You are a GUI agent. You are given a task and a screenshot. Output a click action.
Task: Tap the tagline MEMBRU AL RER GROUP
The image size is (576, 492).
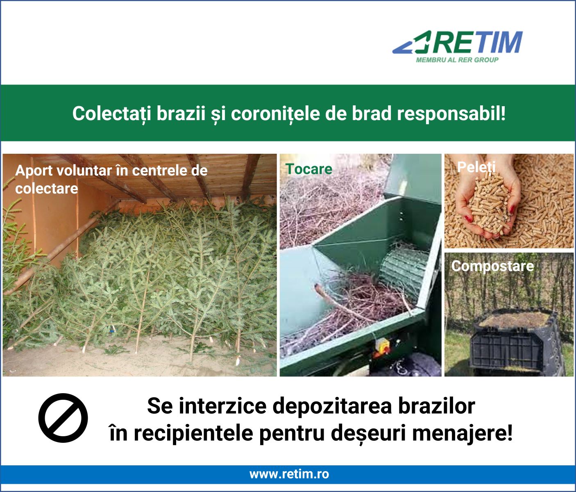click(x=457, y=60)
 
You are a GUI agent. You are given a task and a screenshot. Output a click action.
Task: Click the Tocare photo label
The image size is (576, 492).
click(x=309, y=169)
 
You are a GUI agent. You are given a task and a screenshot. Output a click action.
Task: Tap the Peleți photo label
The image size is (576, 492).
click(x=476, y=167)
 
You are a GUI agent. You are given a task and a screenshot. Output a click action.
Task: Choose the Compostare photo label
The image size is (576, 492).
click(x=492, y=266)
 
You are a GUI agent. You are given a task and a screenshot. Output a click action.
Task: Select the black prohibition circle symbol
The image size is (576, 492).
click(x=63, y=418)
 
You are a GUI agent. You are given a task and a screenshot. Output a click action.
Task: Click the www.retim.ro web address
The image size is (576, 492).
click(x=289, y=474)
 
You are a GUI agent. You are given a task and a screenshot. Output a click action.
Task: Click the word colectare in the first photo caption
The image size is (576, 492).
click(x=46, y=189)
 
